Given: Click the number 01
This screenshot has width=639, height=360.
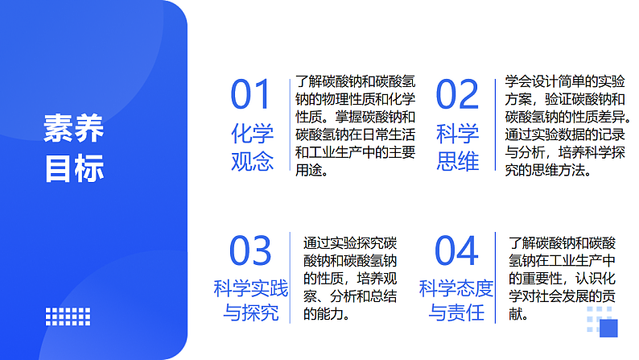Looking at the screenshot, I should click(x=252, y=96).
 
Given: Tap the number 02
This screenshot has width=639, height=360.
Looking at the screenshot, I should click(x=457, y=96).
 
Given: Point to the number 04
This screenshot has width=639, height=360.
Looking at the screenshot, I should click(x=456, y=251).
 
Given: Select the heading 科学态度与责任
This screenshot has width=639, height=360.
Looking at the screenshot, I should click(x=456, y=300).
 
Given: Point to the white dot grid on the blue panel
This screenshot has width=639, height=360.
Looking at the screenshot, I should click(x=68, y=316).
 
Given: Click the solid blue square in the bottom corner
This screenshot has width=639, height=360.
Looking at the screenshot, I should click(x=608, y=329).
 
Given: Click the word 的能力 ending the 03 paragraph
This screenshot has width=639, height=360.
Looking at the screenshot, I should click(x=327, y=314).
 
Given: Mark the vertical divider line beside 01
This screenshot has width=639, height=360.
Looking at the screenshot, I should click(x=290, y=125).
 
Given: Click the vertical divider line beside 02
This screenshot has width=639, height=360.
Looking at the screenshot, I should click(x=496, y=125).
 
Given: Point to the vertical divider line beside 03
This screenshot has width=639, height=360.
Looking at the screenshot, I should click(x=291, y=278).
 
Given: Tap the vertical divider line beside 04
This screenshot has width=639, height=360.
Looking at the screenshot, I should click(x=496, y=278).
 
